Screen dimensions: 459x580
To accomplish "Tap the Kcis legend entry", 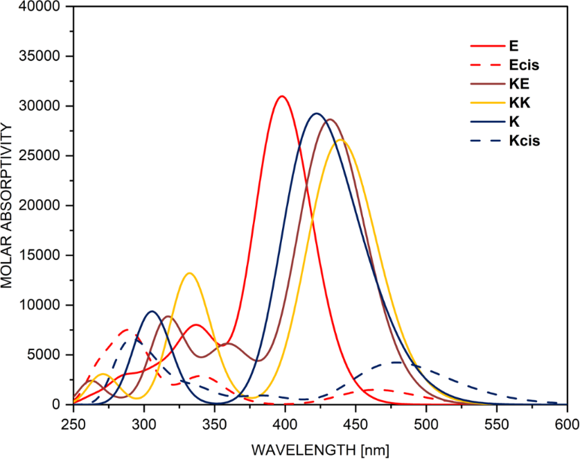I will (524, 141).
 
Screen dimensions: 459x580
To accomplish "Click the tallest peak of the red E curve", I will (281, 96).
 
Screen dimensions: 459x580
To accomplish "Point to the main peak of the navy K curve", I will (317, 114).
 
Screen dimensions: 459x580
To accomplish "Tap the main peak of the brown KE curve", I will (331, 119).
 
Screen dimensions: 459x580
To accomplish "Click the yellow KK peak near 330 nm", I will (188, 273).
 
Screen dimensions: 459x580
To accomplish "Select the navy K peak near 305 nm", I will (151, 311).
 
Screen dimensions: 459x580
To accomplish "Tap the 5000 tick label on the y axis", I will (49, 355).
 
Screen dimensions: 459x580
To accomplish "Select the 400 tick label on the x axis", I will (285, 422).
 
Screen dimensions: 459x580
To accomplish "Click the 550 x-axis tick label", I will (497, 422).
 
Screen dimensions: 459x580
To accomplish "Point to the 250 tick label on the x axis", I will (73, 422).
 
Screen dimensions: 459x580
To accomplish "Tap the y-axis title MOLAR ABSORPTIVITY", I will (10, 206).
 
